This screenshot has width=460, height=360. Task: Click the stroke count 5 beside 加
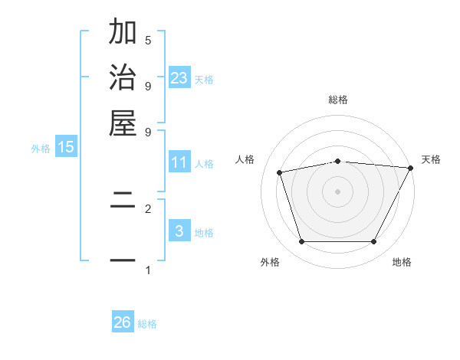[148, 40]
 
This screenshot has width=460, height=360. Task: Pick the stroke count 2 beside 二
[148, 208]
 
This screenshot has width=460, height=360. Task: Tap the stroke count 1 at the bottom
[148, 270]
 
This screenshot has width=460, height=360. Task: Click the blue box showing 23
[179, 78]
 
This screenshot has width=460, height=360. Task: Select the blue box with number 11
[179, 162]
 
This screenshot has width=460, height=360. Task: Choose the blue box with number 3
[179, 231]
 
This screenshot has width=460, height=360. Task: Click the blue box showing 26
[123, 322]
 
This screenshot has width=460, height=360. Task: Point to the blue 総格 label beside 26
[147, 324]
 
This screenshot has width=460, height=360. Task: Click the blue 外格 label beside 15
[40, 149]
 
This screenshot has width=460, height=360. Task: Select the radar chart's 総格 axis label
[338, 100]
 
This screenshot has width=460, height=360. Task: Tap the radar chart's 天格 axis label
[431, 159]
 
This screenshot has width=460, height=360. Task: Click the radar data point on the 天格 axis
[410, 168]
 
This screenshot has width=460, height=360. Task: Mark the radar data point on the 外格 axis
[301, 242]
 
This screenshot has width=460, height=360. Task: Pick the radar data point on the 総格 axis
[338, 161]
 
